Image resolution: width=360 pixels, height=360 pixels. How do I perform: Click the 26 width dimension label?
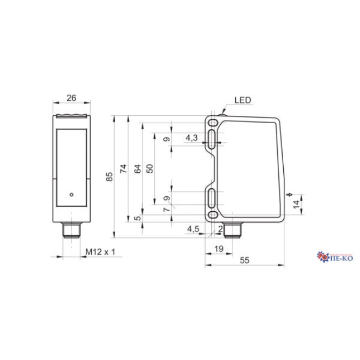tap(72, 98)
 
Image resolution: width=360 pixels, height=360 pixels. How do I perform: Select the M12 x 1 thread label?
tap(100, 251)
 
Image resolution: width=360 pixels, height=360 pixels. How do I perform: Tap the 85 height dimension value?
tap(110, 177)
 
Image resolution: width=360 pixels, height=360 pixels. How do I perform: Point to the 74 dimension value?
tap(123, 169)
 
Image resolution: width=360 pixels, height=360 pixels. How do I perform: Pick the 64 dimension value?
tap(137, 169)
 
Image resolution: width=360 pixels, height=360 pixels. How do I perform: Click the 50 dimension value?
tap(150, 168)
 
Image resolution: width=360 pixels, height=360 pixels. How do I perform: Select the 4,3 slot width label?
tap(191, 138)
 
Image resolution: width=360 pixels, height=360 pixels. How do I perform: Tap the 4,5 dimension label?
tap(193, 229)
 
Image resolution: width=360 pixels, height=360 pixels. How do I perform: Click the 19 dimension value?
tap(218, 249)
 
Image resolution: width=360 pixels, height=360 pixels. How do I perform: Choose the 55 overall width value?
tap(245, 260)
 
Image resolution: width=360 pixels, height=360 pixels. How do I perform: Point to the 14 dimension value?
tap(297, 204)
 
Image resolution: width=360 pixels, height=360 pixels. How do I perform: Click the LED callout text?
tap(242, 100)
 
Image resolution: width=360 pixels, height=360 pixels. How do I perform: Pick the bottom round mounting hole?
tap(213, 215)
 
